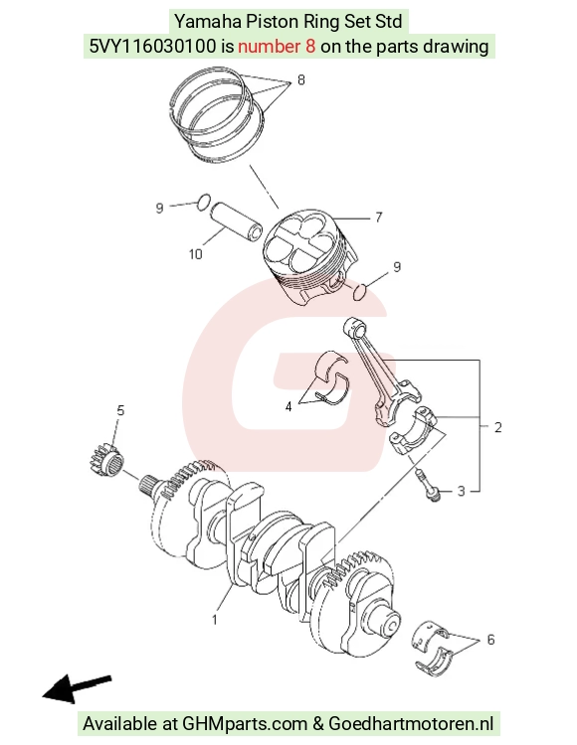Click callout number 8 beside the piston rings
[x=301, y=79]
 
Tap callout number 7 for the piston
[x=379, y=218]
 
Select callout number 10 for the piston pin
[x=196, y=254]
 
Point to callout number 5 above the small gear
[x=120, y=410]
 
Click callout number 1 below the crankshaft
[x=215, y=620]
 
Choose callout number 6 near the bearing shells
[x=490, y=640]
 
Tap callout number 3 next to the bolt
[x=461, y=491]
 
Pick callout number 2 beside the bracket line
[x=498, y=427]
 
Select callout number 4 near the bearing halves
[x=288, y=406]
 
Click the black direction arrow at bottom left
[x=77, y=688]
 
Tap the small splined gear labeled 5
[x=106, y=460]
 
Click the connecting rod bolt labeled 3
[x=428, y=485]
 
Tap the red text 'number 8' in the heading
[x=277, y=47]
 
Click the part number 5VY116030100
[x=152, y=47]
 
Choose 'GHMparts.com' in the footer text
[x=245, y=723]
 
